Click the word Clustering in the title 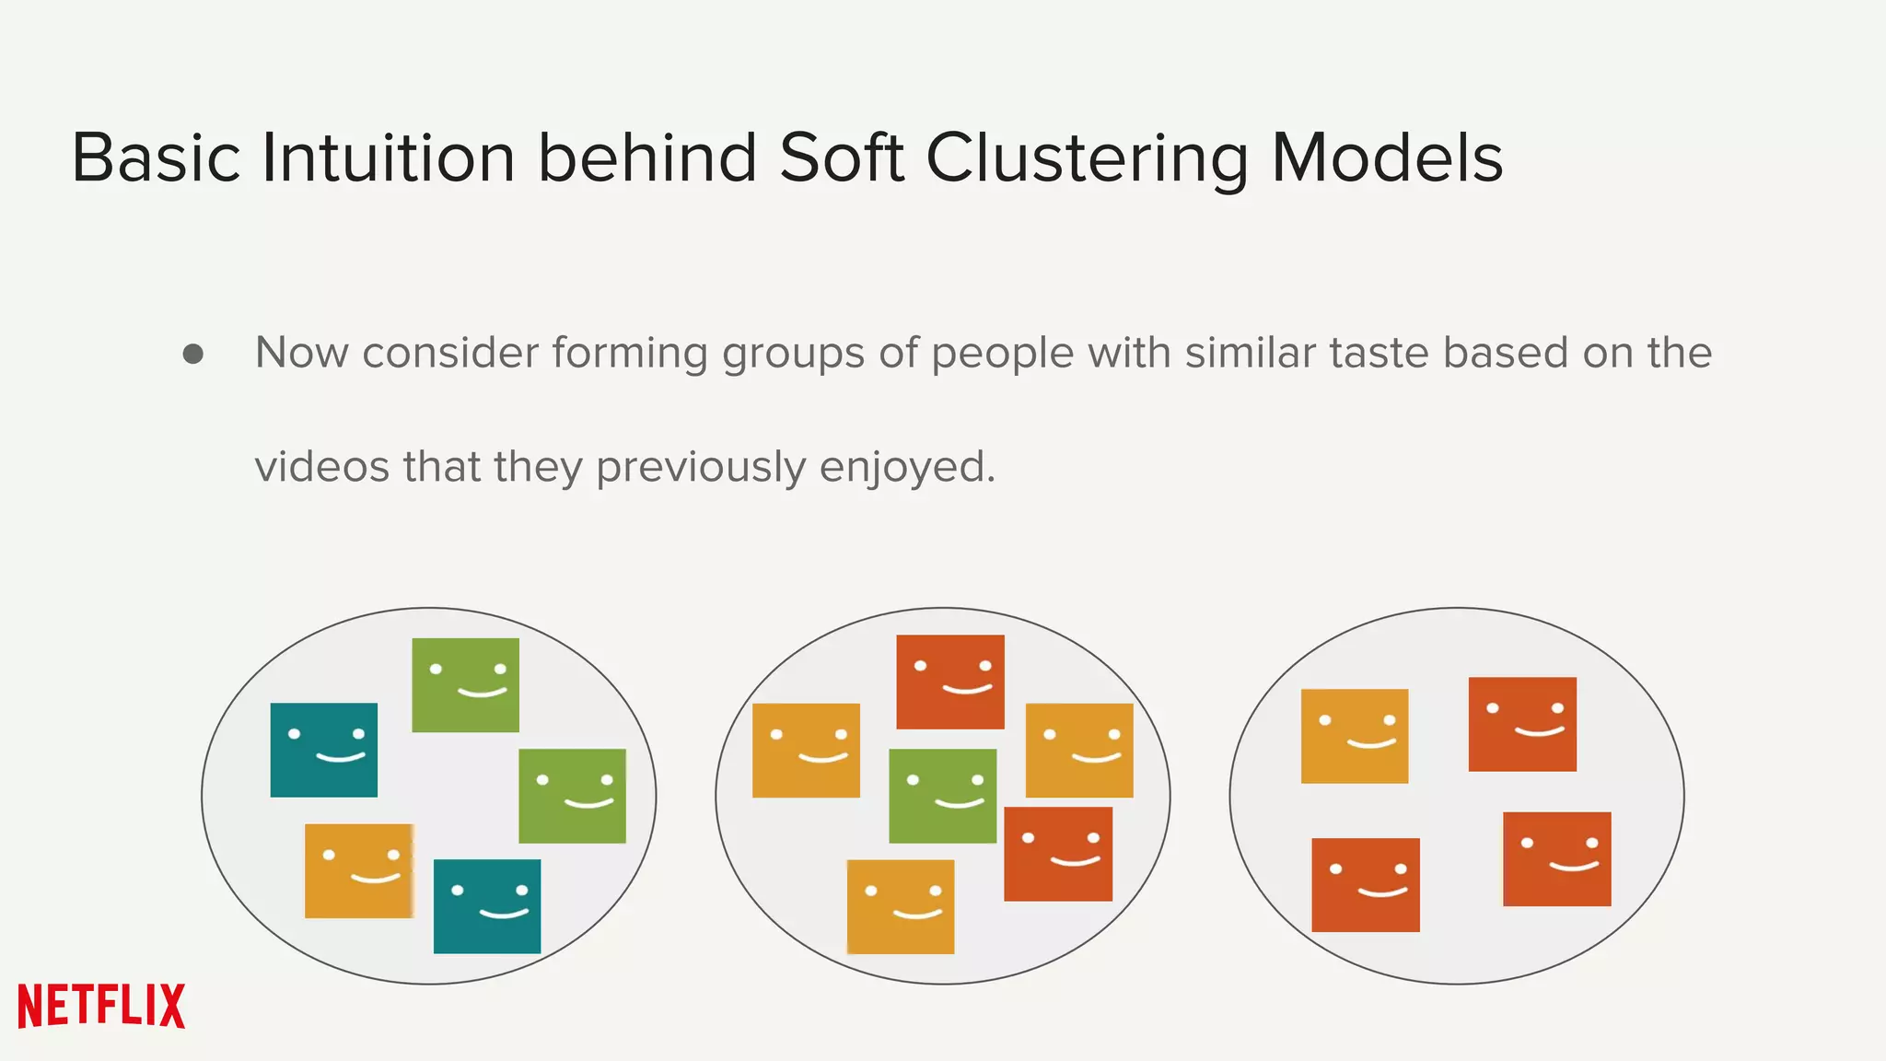[1087, 158]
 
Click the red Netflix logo [101, 1006]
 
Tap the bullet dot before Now [193, 355]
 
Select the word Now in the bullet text [301, 353]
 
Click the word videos [321, 467]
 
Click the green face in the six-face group [942, 796]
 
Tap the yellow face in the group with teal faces [359, 870]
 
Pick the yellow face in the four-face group [1354, 736]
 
